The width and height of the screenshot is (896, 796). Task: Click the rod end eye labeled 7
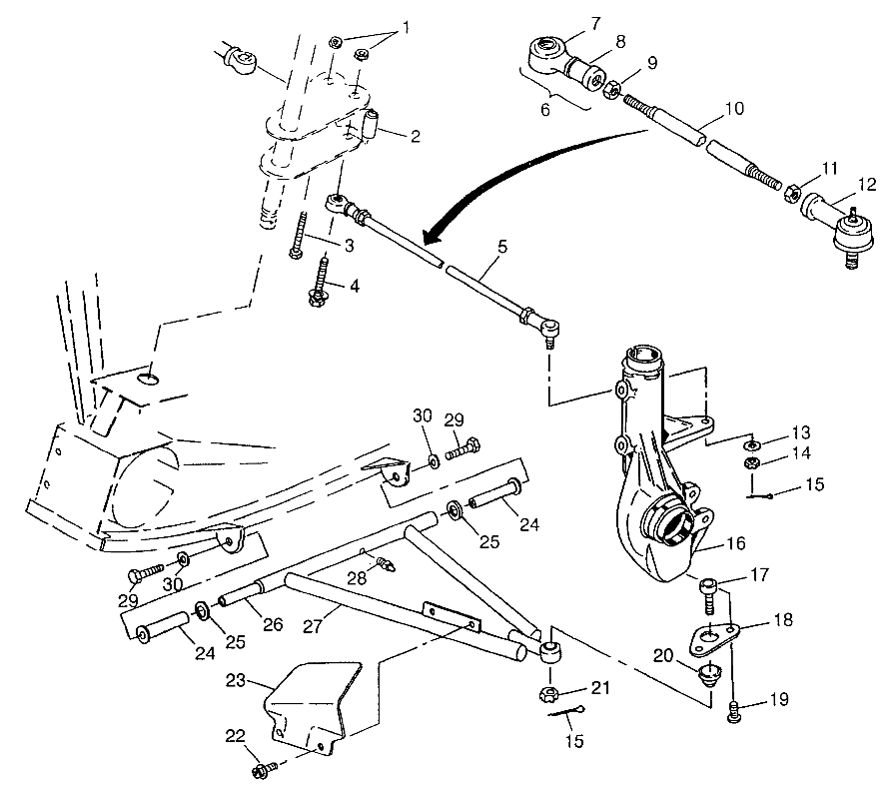coord(545,47)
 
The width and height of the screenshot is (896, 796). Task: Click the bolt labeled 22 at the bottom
coord(265,770)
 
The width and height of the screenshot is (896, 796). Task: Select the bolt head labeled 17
coord(708,586)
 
